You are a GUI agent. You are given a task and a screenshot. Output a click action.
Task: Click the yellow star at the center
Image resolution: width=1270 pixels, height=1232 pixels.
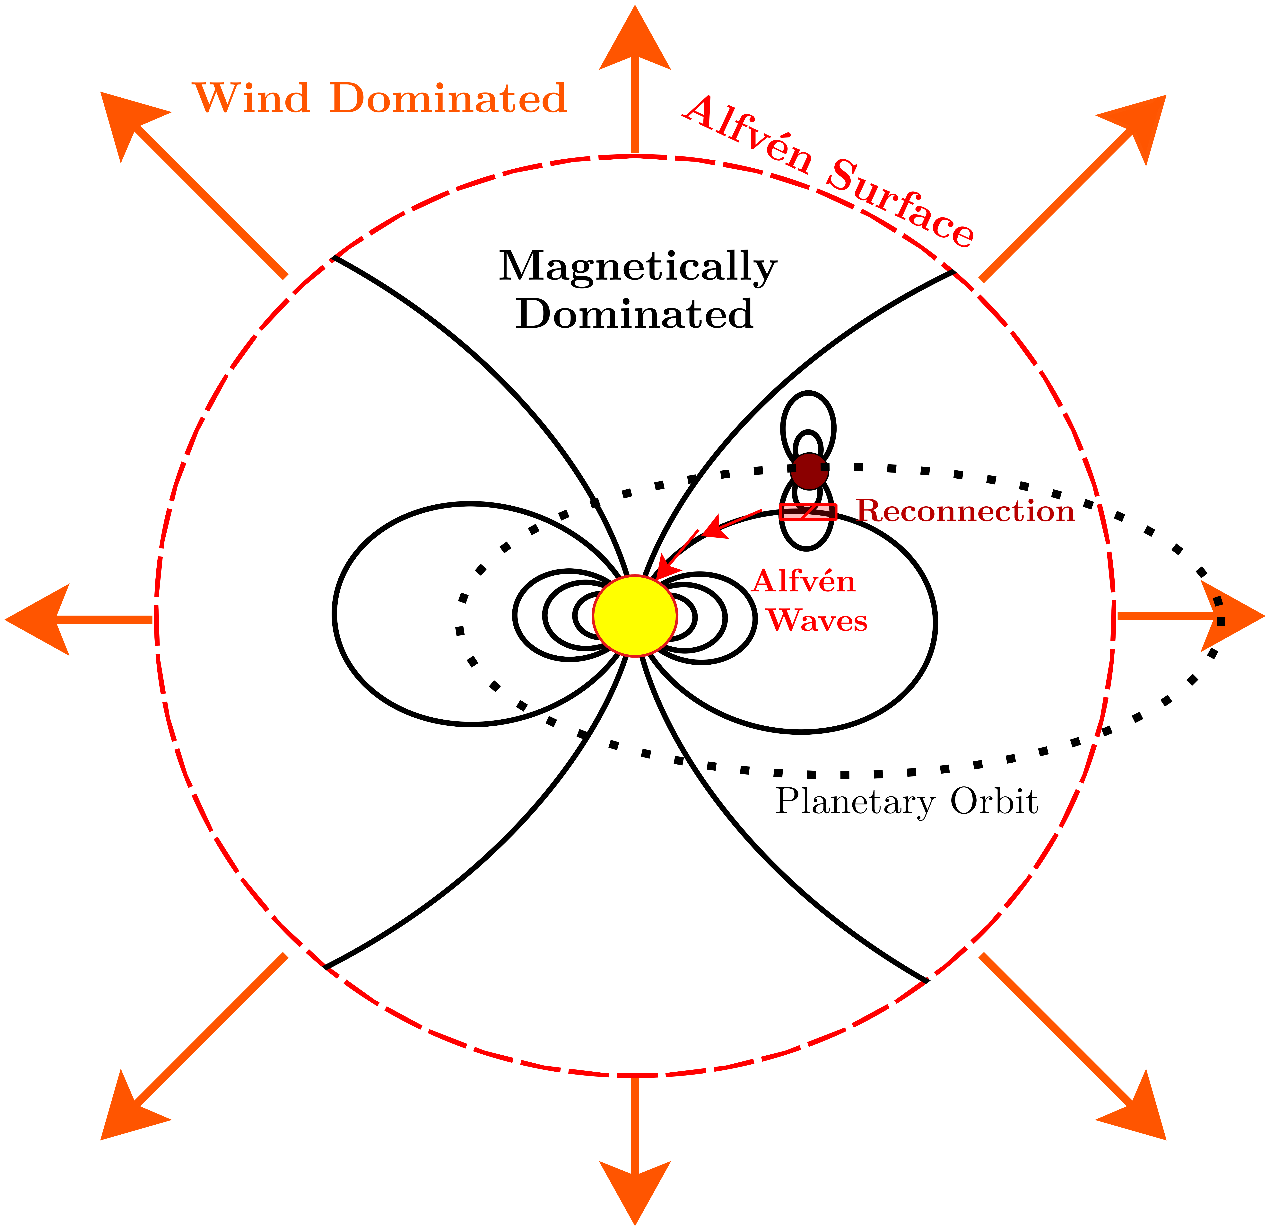click(635, 616)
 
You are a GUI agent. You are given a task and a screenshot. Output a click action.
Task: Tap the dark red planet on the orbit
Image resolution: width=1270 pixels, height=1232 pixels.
click(809, 471)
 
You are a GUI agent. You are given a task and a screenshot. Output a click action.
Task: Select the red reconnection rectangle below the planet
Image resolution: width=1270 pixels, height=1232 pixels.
click(809, 512)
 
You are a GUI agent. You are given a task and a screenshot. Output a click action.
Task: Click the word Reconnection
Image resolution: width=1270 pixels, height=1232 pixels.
click(965, 511)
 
